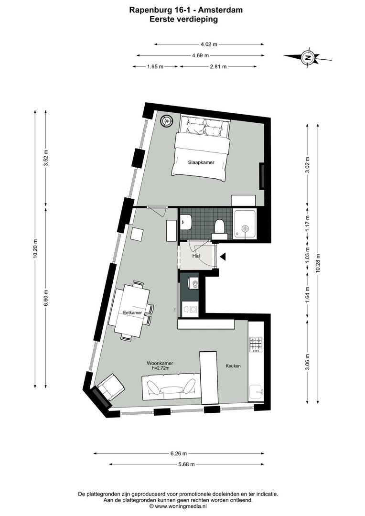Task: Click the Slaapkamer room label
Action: pyautogui.click(x=201, y=162)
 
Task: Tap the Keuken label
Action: pyautogui.click(x=233, y=366)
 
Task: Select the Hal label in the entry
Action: pyautogui.click(x=195, y=256)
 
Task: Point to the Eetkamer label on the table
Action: pyautogui.click(x=132, y=313)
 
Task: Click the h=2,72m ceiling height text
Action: pyautogui.click(x=160, y=369)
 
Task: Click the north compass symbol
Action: pyautogui.click(x=308, y=58)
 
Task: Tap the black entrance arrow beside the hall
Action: pyautogui.click(x=223, y=257)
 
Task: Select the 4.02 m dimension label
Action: pyautogui.click(x=209, y=44)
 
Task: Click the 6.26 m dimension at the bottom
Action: pyautogui.click(x=178, y=453)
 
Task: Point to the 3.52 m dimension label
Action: pyautogui.click(x=46, y=158)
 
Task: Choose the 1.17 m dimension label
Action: pyautogui.click(x=308, y=221)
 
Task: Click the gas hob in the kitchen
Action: pyautogui.click(x=256, y=344)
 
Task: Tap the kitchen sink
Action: pyautogui.click(x=256, y=392)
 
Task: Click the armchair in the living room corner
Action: pyautogui.click(x=111, y=387)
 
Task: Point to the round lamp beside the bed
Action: pyautogui.click(x=167, y=121)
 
